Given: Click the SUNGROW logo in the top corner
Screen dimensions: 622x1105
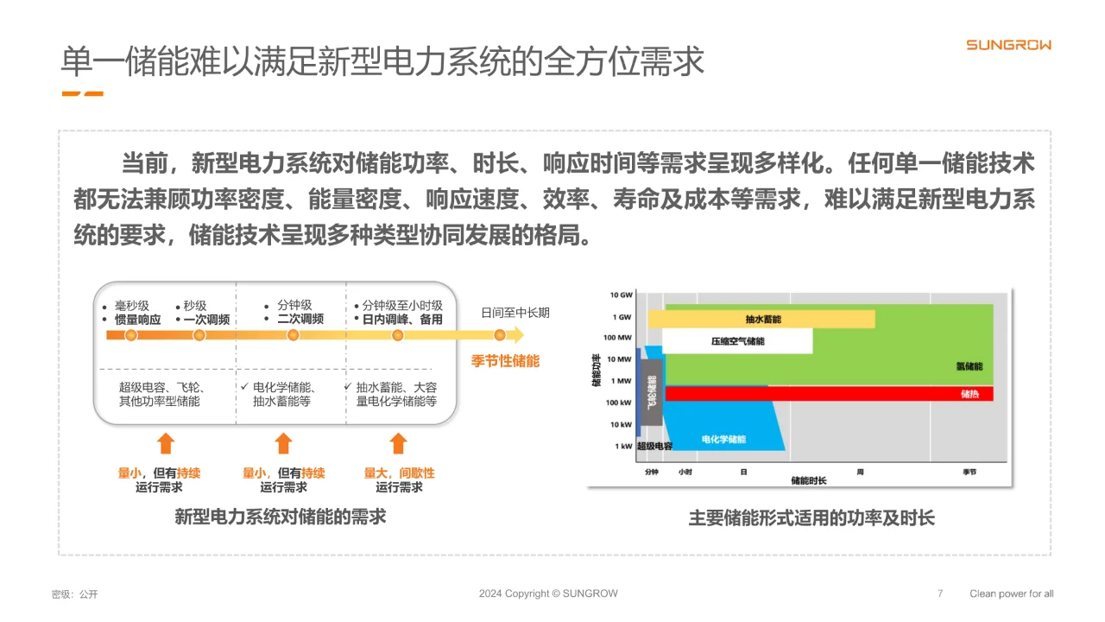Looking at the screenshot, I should pos(1008,45).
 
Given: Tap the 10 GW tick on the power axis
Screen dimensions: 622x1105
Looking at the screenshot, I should pos(622,295).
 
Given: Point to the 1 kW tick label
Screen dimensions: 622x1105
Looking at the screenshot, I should pos(624,447).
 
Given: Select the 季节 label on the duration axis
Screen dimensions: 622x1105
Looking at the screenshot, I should pos(969,472).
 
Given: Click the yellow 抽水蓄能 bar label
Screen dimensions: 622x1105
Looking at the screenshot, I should pos(763,320).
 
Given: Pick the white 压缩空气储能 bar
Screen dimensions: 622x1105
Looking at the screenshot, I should pos(738,341).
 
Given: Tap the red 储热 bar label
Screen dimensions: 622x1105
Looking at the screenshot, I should pos(969,394).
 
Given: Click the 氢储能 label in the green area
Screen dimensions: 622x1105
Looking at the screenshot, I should pos(969,366).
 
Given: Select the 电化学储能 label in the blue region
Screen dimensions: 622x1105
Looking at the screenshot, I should pos(723,439).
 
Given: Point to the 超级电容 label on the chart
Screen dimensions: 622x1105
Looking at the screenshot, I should pos(654,447).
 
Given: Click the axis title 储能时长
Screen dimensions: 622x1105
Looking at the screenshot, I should pos(809,479).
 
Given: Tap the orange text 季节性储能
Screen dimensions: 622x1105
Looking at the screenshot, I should pos(505,361).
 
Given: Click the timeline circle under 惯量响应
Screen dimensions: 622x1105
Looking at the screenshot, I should pos(130,335).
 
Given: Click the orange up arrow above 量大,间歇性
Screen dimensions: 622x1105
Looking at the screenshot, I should pos(398,443).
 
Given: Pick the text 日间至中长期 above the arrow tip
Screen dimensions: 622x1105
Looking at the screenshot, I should pos(515,313).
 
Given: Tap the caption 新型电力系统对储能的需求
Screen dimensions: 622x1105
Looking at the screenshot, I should pos(280,517).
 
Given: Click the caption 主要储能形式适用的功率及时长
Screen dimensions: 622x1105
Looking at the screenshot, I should pos(811,518).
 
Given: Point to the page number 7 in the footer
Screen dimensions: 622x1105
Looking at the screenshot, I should pos(940,593).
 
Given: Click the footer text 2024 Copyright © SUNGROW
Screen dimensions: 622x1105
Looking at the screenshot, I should pos(548,593).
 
